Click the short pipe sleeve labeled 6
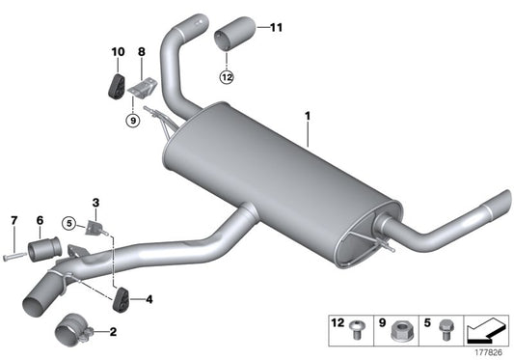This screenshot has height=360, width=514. [x=42, y=253]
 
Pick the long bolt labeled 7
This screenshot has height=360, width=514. [x=14, y=257]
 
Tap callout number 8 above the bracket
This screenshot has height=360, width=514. [x=142, y=50]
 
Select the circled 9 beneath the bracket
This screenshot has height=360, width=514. [x=132, y=121]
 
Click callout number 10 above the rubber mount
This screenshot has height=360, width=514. [x=118, y=50]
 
